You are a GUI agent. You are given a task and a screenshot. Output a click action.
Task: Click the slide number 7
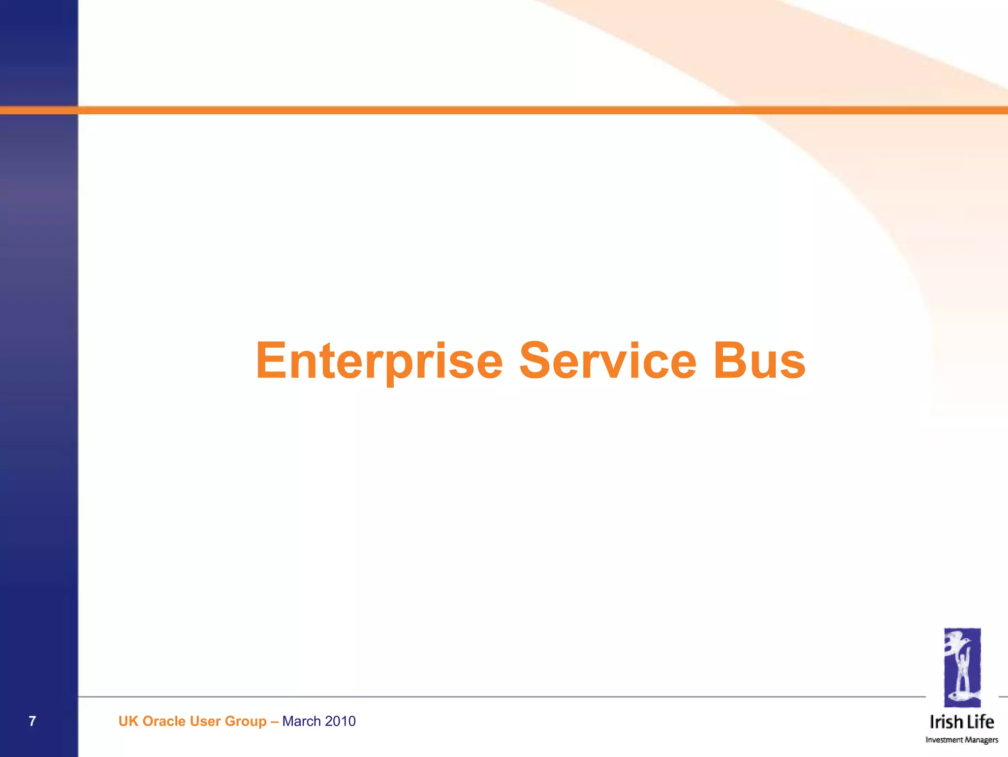[x=32, y=721]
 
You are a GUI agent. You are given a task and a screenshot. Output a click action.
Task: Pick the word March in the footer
[x=301, y=721]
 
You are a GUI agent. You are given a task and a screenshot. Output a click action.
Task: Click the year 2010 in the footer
[x=340, y=721]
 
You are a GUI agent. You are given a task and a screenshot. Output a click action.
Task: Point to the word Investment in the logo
[x=944, y=740]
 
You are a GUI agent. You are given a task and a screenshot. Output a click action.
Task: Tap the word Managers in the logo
[x=981, y=740]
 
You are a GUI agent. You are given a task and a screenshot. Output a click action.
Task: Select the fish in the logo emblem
[x=961, y=696]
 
